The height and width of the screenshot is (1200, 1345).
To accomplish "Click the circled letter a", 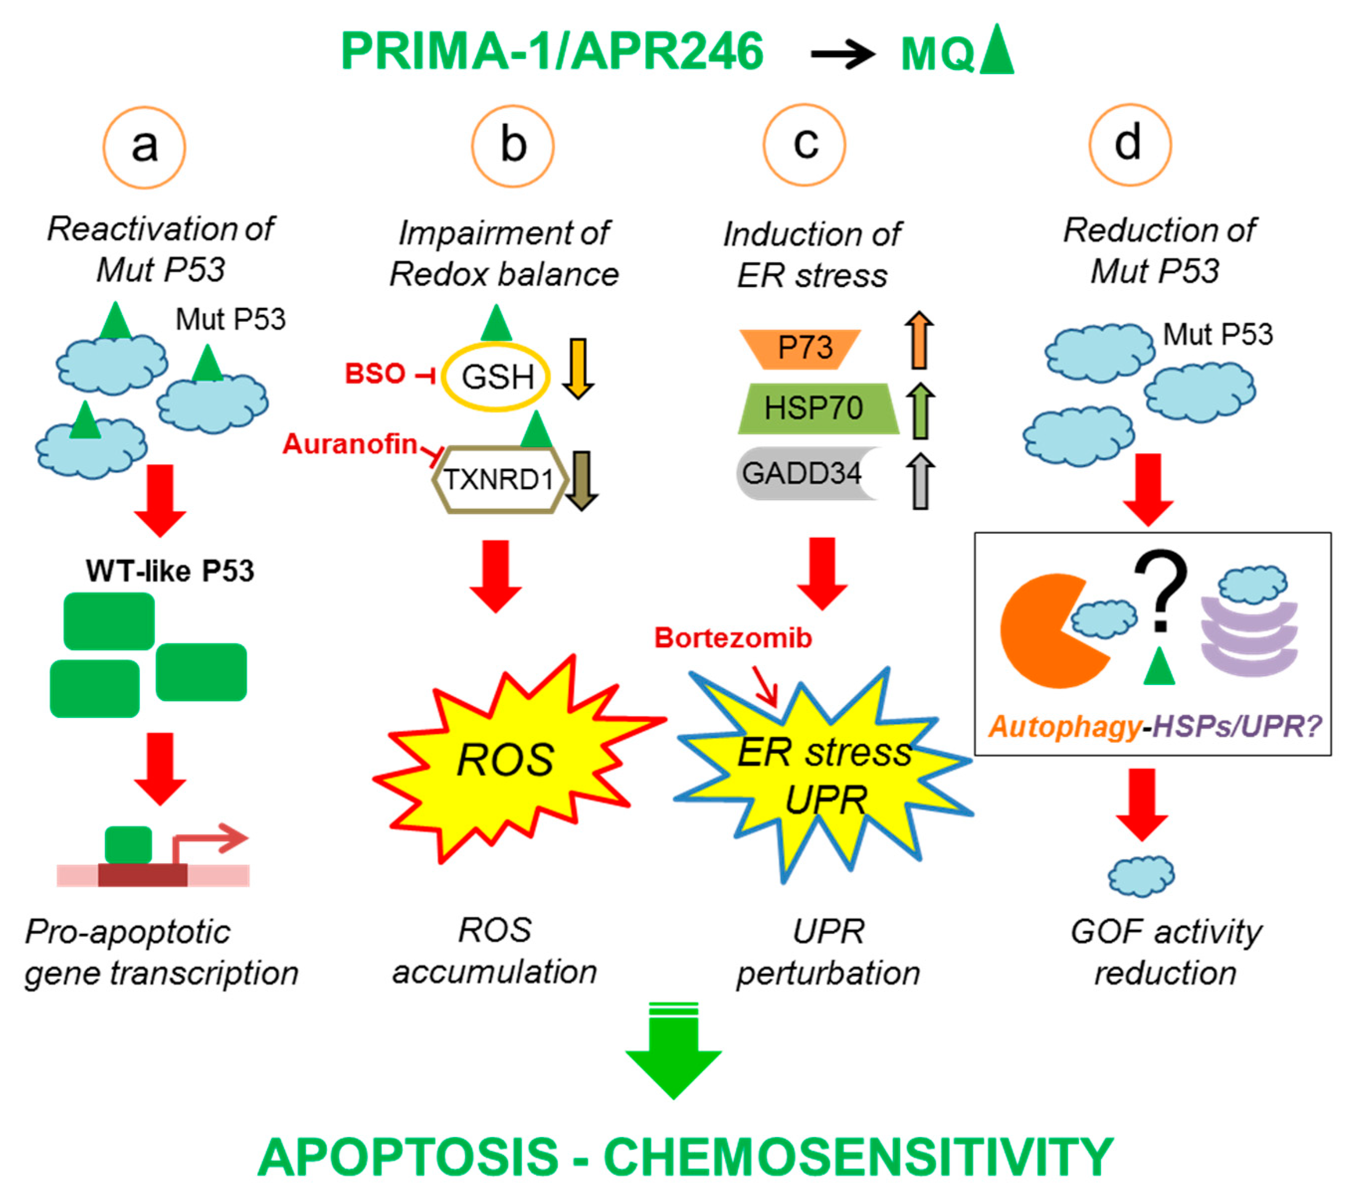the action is pyautogui.click(x=144, y=147).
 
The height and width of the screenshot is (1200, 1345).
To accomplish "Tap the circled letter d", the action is pyautogui.click(x=1130, y=144).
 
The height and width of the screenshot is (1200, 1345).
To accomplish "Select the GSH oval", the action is pyautogui.click(x=496, y=377).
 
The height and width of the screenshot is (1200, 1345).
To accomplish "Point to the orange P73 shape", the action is pyautogui.click(x=800, y=348).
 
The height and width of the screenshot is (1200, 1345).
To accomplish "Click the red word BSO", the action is pyautogui.click(x=375, y=374).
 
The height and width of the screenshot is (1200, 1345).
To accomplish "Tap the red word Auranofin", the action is pyautogui.click(x=350, y=444).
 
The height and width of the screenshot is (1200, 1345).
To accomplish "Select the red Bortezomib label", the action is pyautogui.click(x=733, y=638).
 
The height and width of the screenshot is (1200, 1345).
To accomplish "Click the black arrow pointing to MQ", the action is pyautogui.click(x=843, y=53).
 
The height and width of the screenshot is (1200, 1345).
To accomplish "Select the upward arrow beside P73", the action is pyautogui.click(x=919, y=340).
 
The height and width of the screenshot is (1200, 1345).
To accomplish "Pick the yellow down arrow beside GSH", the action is pyautogui.click(x=577, y=369).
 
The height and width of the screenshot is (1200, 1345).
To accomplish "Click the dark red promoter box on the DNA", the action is pyautogui.click(x=142, y=876).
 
